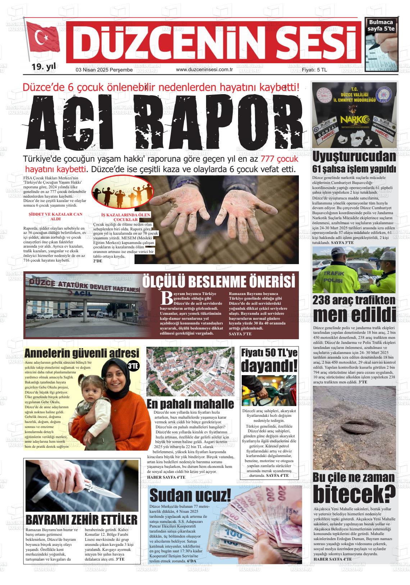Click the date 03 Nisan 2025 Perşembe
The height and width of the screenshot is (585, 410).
click(99, 70)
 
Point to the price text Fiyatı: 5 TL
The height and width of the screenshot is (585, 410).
click(314, 70)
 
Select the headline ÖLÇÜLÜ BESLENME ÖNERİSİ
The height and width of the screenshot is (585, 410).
click(219, 281)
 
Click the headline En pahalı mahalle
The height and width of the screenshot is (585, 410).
click(190, 404)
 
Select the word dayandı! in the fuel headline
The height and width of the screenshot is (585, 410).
click(269, 366)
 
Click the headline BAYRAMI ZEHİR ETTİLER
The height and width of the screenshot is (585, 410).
click(82, 520)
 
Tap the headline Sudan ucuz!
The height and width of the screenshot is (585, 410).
click(190, 496)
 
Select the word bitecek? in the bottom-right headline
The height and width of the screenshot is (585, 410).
click(354, 494)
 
